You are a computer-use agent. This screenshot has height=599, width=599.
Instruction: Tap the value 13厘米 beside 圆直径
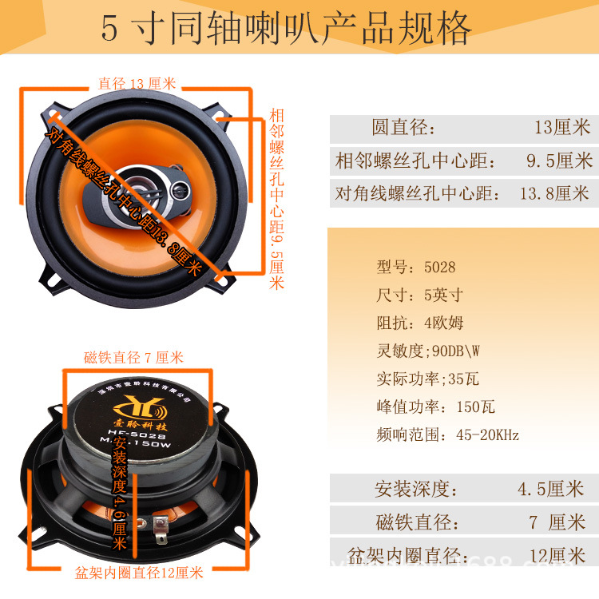point(561,127)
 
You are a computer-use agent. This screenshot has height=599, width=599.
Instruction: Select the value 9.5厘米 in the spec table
point(559,161)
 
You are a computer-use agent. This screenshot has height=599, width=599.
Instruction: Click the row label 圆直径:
point(404,128)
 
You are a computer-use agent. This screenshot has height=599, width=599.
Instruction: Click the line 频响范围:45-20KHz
point(447,435)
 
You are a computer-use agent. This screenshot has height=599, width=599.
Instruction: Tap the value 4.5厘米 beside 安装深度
point(551,489)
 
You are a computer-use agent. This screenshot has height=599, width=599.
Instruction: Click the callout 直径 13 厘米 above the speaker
point(137,83)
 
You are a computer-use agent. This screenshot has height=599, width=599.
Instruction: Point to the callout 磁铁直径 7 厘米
point(133,357)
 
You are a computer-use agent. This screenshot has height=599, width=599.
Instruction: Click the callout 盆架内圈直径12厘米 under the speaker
point(139,573)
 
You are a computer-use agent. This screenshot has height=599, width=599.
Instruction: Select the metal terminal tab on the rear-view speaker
point(161,524)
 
